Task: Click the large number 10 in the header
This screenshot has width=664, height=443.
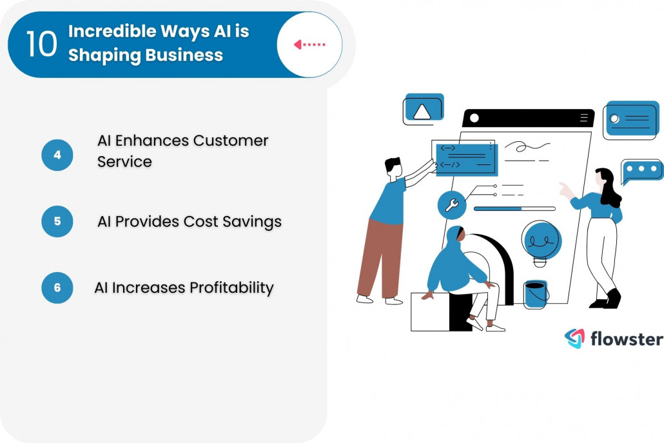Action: point(42,44)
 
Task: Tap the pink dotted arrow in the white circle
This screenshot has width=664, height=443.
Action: point(310,44)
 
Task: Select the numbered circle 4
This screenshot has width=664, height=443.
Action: point(57,155)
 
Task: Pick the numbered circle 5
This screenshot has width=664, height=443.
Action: point(57,221)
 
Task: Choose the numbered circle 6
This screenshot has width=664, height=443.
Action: point(57,288)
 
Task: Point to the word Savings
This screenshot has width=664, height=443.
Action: point(252,221)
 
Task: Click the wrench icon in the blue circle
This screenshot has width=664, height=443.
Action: point(452,206)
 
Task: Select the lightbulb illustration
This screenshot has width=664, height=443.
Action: point(541,242)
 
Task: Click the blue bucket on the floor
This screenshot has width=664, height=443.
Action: point(536,294)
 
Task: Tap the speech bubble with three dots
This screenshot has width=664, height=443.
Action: point(642,170)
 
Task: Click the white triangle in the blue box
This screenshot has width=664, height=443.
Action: point(422,112)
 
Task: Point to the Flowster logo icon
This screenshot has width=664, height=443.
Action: point(574,339)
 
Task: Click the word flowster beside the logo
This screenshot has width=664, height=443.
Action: point(626,339)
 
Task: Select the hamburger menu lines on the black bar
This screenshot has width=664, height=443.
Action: point(584,118)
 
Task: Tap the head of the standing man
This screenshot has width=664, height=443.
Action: point(393,166)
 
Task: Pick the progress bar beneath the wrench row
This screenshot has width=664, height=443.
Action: point(514,209)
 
